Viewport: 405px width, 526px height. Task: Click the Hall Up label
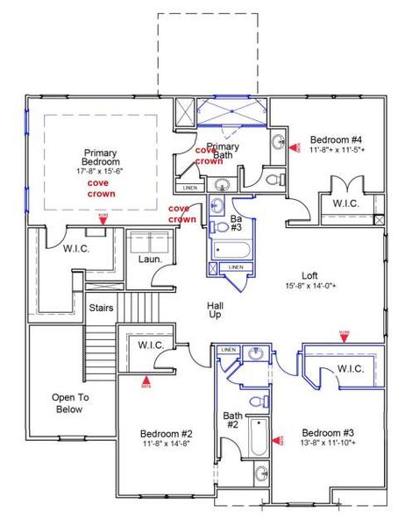(x=215, y=309)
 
